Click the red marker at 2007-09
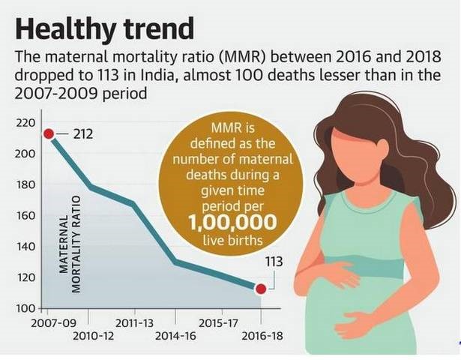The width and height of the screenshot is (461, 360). point(48,133)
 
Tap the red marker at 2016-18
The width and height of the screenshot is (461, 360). point(261,289)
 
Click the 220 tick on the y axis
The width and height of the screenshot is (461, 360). point(25,121)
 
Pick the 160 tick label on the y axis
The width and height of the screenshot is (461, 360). point(25,216)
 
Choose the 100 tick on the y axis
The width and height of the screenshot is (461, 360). point(25,308)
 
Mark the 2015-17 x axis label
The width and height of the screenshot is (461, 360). point(219,322)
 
